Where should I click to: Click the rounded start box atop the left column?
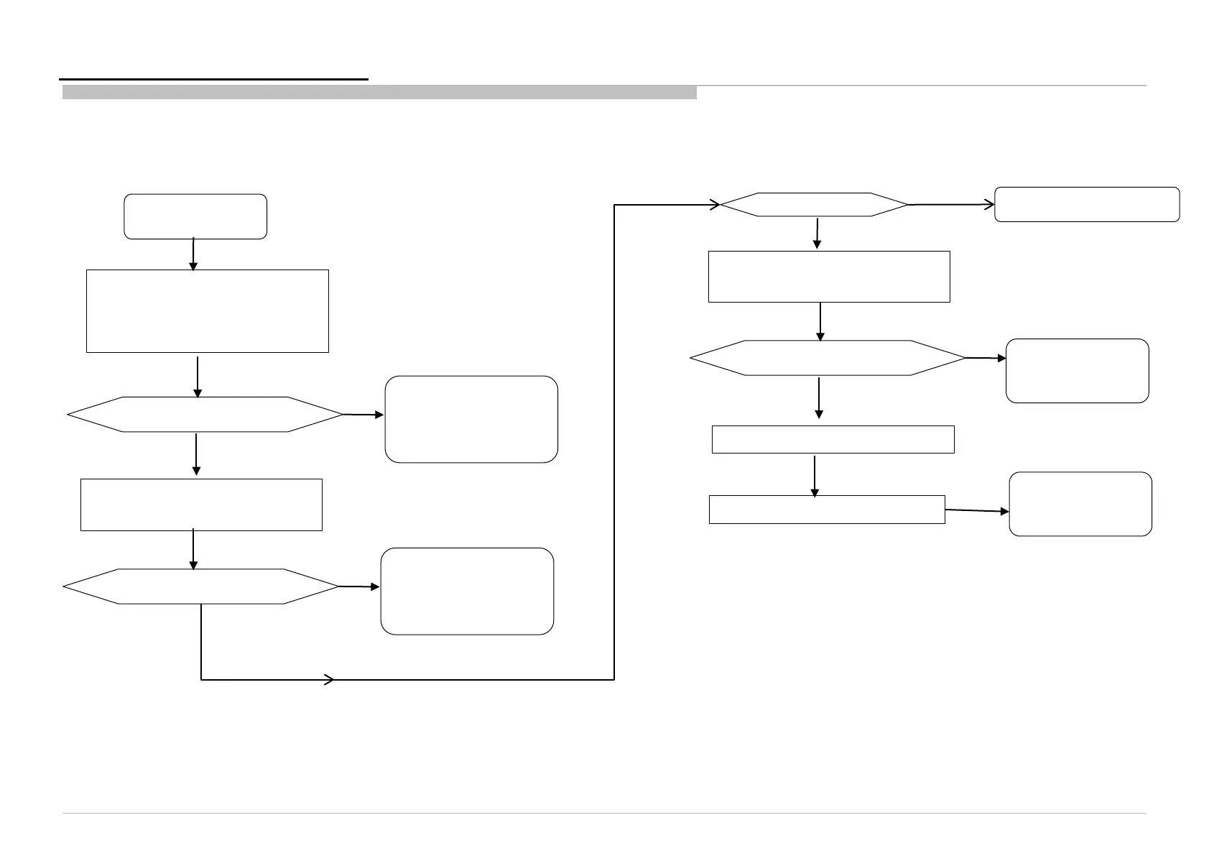click(195, 216)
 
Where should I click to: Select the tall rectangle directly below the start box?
click(207, 310)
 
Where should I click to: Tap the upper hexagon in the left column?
click(205, 414)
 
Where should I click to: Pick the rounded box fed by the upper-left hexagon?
click(471, 418)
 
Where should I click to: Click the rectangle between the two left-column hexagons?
click(201, 505)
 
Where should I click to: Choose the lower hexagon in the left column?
click(201, 586)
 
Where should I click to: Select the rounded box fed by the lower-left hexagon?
click(467, 591)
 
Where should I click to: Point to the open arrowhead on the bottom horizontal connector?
click(330, 679)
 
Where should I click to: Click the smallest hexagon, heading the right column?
click(814, 205)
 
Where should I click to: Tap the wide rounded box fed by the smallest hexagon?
click(1087, 204)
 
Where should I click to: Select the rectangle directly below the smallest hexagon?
click(829, 276)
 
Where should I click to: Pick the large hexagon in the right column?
click(828, 357)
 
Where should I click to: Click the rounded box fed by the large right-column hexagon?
click(1077, 370)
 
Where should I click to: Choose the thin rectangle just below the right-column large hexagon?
click(833, 439)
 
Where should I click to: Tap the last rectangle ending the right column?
click(826, 509)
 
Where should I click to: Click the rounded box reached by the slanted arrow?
click(1080, 503)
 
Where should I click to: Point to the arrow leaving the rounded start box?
click(193, 254)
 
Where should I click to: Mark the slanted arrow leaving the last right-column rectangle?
click(977, 510)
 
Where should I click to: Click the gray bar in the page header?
click(379, 92)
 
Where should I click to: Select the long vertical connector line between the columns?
click(614, 442)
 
